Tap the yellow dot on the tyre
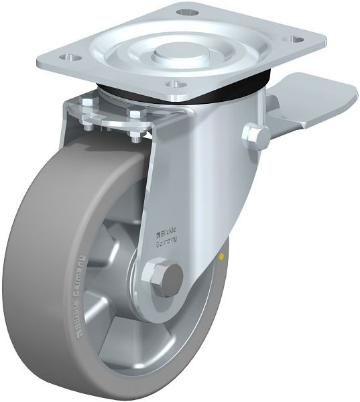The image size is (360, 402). click(x=222, y=256)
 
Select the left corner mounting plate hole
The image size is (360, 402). click(x=69, y=58)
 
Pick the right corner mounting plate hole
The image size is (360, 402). click(x=293, y=38)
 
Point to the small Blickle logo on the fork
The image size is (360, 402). click(x=158, y=234)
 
